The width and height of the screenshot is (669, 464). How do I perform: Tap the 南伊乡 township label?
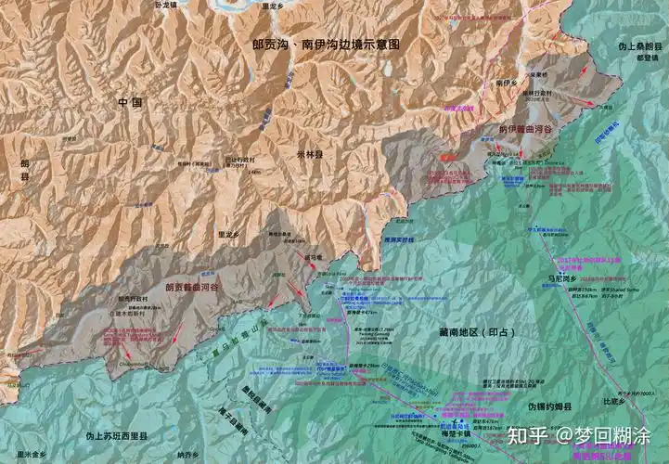click(x=507, y=83)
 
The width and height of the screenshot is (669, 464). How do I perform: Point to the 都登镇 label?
click(x=646, y=56)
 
